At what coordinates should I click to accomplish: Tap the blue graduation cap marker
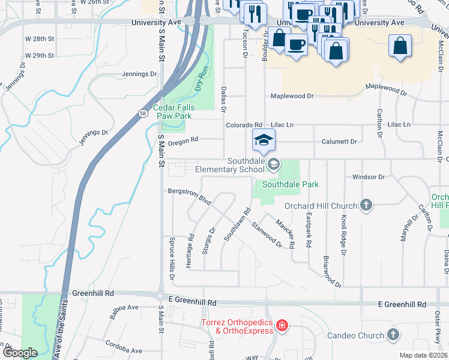(262, 140)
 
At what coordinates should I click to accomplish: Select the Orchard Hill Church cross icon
(366, 206)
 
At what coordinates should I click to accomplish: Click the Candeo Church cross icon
(393, 335)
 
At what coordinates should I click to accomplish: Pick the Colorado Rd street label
(244, 125)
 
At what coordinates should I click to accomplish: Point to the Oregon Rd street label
(182, 142)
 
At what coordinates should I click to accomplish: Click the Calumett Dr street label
(337, 142)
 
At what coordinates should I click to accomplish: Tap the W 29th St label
(40, 55)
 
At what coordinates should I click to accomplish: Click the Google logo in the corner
(20, 353)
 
